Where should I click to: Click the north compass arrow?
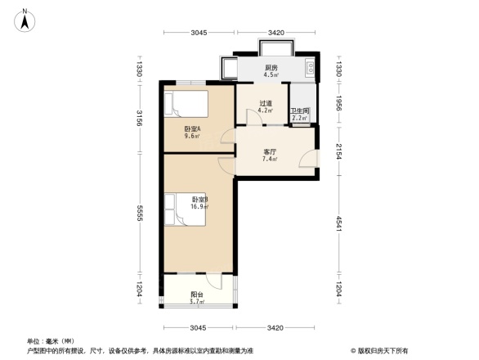point(25,19)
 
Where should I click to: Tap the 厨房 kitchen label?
point(271,67)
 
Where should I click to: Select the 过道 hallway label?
point(264,104)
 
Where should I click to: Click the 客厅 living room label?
point(270,151)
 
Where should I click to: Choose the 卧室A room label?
point(193,129)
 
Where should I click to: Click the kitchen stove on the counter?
point(310,67)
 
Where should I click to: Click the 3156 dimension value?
point(140,119)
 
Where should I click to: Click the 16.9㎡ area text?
point(200,207)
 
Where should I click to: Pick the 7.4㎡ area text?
point(270,160)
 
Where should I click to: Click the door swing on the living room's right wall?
point(306,161)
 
